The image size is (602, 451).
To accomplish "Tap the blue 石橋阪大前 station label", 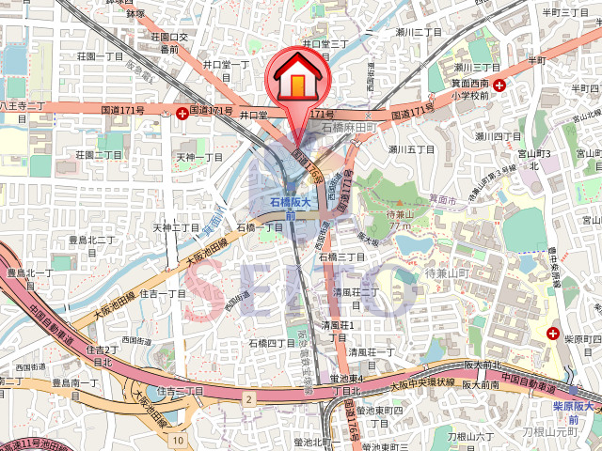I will [x=290, y=209].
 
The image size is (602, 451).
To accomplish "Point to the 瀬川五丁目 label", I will [x=411, y=149].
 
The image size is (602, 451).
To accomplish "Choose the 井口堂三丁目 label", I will [x=325, y=44].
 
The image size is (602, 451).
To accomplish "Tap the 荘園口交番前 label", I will [x=169, y=43].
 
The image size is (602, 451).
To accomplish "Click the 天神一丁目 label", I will [x=199, y=158].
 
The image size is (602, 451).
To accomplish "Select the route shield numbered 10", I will [x=179, y=440].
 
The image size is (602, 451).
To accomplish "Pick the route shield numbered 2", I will [x=248, y=399].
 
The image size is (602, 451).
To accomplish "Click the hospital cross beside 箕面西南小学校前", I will [x=499, y=85].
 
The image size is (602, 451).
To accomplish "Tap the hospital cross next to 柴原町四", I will [x=554, y=333].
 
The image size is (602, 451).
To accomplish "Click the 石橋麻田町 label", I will [x=348, y=127].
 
